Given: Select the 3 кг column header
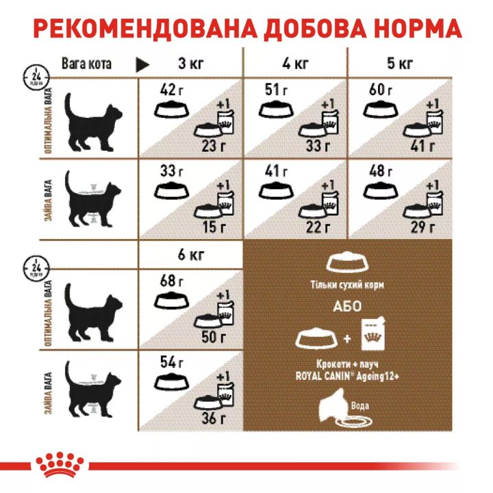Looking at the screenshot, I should pyautogui.click(x=191, y=65).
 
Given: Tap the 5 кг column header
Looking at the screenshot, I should pyautogui.click(x=401, y=65).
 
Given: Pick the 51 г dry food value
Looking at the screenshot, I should pyautogui.click(x=275, y=90).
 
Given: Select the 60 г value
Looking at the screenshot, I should pyautogui.click(x=380, y=90).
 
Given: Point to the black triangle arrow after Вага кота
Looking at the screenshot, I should pyautogui.click(x=142, y=65).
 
